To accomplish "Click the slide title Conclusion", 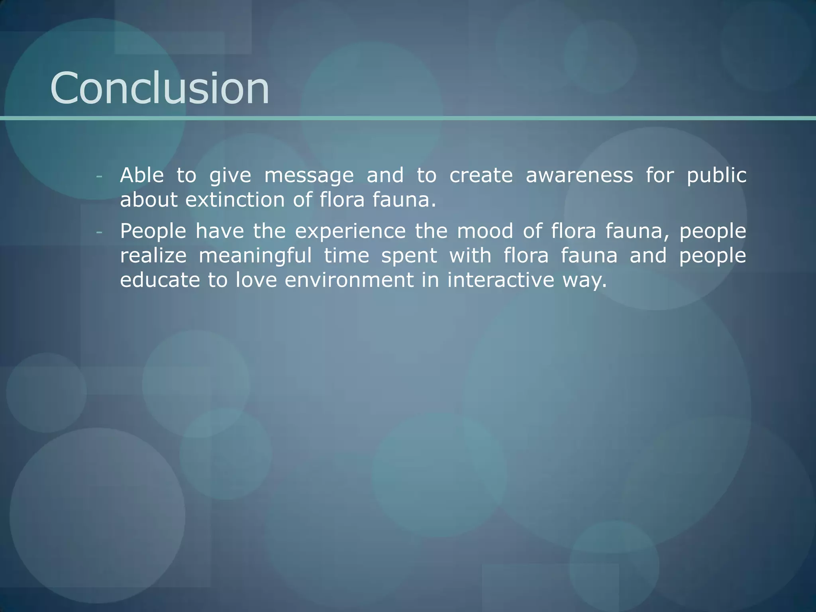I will pyautogui.click(x=160, y=88).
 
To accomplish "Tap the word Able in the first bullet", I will pyautogui.click(x=142, y=175).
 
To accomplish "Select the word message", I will pyautogui.click(x=309, y=176).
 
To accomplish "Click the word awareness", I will pyautogui.click(x=579, y=175).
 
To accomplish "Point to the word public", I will pyautogui.click(x=716, y=176).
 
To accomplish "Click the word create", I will pyautogui.click(x=481, y=175).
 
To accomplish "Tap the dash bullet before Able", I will pyautogui.click(x=99, y=176).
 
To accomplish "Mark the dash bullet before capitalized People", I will pyautogui.click(x=99, y=232).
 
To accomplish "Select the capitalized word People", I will pyautogui.click(x=153, y=232).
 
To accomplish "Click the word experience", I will pyautogui.click(x=350, y=232).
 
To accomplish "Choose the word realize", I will pyautogui.click(x=153, y=256).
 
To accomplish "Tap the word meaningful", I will pyautogui.click(x=255, y=256).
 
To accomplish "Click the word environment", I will pyautogui.click(x=349, y=280).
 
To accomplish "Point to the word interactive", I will pyautogui.click(x=500, y=280).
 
